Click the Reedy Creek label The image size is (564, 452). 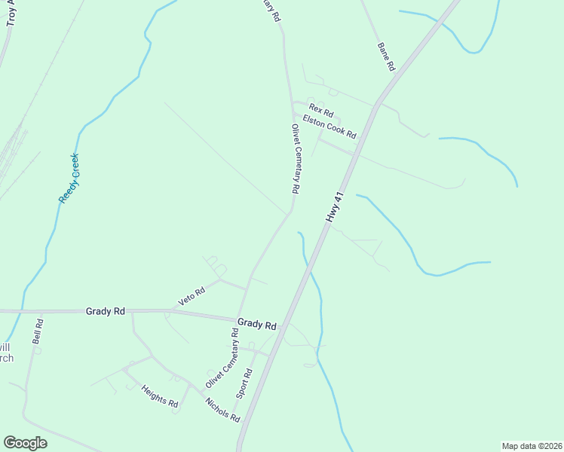point(69,178)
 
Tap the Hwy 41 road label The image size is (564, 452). point(335,206)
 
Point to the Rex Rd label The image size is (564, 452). point(320,111)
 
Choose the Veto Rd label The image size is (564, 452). point(192,297)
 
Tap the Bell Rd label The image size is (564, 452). point(38,331)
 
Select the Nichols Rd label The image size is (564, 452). point(222,410)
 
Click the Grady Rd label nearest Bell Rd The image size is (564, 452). point(105,310)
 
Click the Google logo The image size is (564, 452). point(25,443)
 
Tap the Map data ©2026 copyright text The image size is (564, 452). point(532,445)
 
